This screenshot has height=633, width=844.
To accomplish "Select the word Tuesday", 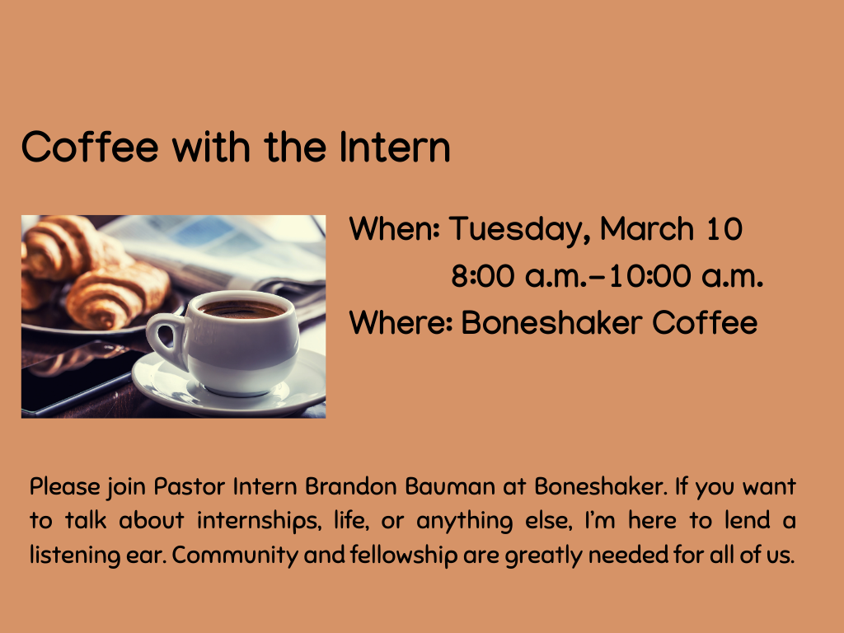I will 519,228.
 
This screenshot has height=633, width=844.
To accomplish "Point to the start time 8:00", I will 483,276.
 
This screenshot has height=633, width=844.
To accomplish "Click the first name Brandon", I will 351,486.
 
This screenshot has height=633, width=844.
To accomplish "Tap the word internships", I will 257,521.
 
